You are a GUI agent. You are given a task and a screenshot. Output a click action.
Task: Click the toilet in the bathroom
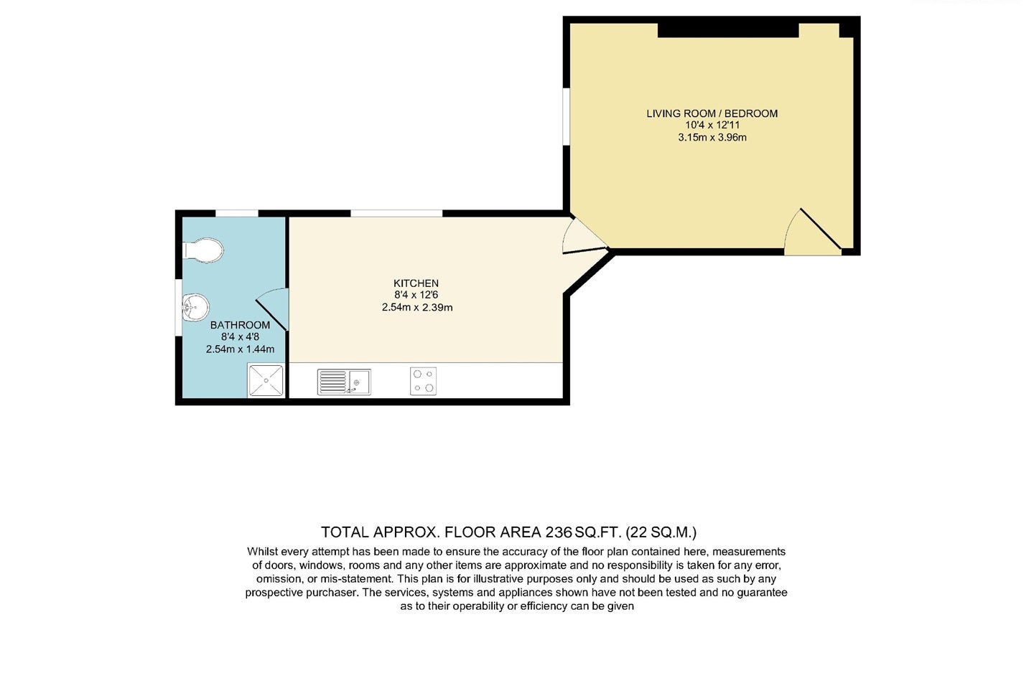tap(203, 250)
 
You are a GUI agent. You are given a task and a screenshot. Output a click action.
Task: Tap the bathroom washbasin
tap(196, 308)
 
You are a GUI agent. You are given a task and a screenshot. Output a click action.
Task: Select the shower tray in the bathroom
tap(266, 380)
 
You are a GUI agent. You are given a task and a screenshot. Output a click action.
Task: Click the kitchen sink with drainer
tap(344, 382)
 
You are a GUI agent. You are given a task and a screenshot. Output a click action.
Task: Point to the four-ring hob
tap(424, 381)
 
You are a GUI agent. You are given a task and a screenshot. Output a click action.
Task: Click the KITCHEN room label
tap(416, 283)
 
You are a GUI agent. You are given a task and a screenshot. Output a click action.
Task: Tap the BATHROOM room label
tap(240, 325)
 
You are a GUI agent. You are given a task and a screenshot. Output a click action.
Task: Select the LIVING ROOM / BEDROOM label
tap(712, 113)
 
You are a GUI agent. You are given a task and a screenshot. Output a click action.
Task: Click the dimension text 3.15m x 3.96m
tap(712, 138)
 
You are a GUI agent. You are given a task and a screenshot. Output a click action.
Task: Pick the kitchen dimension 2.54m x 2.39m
tap(416, 308)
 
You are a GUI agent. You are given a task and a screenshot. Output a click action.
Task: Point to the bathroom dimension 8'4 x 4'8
tap(240, 337)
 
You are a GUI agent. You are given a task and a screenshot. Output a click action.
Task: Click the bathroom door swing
tap(272, 309)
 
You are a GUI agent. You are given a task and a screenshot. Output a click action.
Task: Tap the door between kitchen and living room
tap(584, 236)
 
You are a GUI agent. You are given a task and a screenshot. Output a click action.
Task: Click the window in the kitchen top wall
tap(396, 213)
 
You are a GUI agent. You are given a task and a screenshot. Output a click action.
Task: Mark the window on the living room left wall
tap(566, 117)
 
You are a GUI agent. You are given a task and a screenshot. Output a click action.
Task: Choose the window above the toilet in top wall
tap(237, 213)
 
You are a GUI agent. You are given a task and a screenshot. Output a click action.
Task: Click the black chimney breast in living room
tap(728, 30)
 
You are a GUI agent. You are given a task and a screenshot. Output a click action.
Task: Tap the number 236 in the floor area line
tap(559, 532)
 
